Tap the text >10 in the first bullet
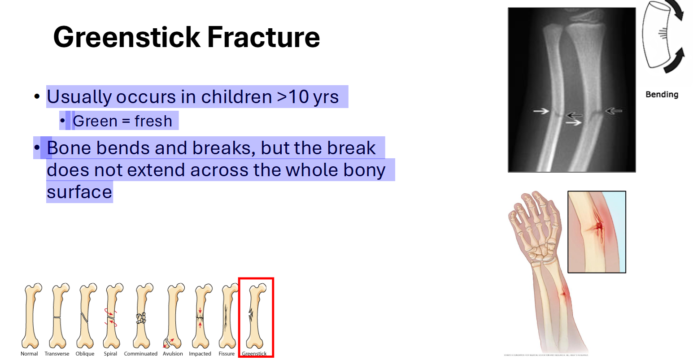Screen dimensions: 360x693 (293, 97)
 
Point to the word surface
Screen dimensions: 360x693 (79, 192)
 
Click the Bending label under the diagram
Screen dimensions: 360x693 (662, 95)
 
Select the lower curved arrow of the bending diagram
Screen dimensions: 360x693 (675, 61)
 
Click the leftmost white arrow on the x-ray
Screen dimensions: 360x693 (541, 111)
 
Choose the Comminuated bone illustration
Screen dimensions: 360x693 (142, 316)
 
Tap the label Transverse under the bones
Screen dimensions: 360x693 (57, 354)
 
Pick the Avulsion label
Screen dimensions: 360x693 (173, 354)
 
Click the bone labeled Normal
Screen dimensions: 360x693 (31, 316)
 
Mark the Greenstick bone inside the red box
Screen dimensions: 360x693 (255, 316)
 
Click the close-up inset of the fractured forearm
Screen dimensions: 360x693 (596, 232)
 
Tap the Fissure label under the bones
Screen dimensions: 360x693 (227, 354)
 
